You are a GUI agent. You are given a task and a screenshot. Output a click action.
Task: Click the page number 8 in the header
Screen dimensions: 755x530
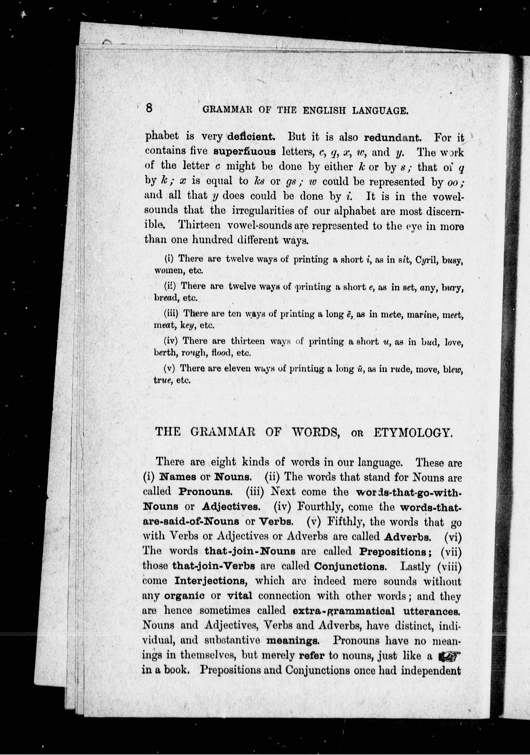[149, 108]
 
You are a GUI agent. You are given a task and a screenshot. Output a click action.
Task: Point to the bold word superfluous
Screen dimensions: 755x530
[244, 152]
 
